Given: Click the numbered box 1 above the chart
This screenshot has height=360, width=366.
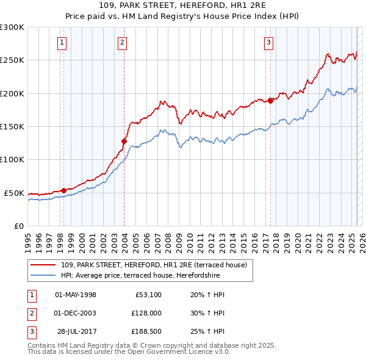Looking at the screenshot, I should point(63,42).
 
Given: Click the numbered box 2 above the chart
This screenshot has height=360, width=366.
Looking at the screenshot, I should point(123,42).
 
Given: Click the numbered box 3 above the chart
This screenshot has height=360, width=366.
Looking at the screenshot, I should point(269,42).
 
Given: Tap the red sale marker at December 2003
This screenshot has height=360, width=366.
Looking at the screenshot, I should point(124,141).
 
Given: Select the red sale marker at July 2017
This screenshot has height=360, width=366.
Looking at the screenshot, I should point(270,101).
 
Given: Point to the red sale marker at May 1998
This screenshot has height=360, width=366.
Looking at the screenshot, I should point(63,190).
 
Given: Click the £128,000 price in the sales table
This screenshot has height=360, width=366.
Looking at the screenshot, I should point(145,312).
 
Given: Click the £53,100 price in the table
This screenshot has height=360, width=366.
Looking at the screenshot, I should point(147,295).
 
